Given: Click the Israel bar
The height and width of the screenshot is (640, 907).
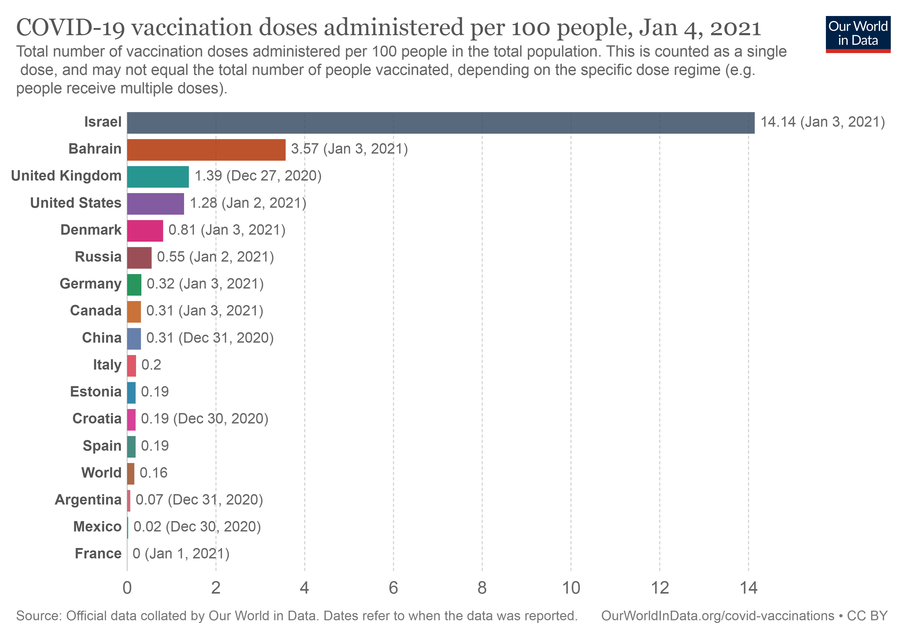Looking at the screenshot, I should (440, 123).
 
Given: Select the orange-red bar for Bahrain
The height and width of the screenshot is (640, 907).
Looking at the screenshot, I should (206, 150).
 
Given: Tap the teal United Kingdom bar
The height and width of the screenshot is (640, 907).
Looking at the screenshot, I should (158, 177).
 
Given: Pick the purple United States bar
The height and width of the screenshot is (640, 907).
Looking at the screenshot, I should (156, 204).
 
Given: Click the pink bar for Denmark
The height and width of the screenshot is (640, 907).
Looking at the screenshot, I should (145, 231).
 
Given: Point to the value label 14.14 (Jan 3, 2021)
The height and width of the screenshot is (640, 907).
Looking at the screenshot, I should (822, 122).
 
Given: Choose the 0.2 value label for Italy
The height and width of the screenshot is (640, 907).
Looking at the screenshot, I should (151, 365).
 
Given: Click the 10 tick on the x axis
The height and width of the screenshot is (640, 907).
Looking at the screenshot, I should (571, 588).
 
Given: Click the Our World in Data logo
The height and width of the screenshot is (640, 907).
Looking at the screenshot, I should (858, 34).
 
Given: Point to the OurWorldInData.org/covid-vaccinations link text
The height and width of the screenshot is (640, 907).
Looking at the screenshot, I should (717, 616).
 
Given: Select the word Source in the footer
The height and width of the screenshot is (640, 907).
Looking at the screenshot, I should (38, 616).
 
